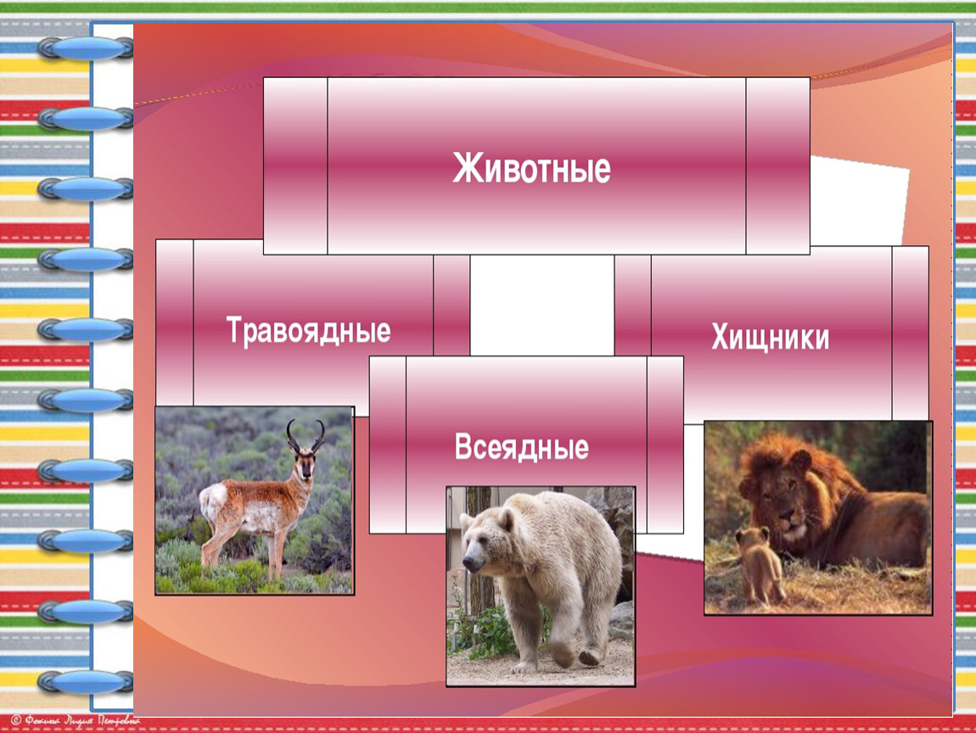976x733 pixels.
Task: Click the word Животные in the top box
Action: [x=531, y=168]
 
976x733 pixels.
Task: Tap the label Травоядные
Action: [x=308, y=330]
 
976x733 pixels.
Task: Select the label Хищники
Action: [x=770, y=338]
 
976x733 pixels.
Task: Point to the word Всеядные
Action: [x=522, y=447]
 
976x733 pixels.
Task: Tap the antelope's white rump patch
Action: [x=211, y=502]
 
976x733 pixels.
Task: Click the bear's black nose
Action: [x=470, y=564]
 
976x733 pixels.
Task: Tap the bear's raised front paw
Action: [x=563, y=652]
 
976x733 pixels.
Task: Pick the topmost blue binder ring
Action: [x=85, y=48]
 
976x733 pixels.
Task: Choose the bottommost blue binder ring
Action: [x=85, y=682]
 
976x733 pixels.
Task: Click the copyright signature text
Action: [x=76, y=720]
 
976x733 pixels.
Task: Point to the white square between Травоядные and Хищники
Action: [x=542, y=305]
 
